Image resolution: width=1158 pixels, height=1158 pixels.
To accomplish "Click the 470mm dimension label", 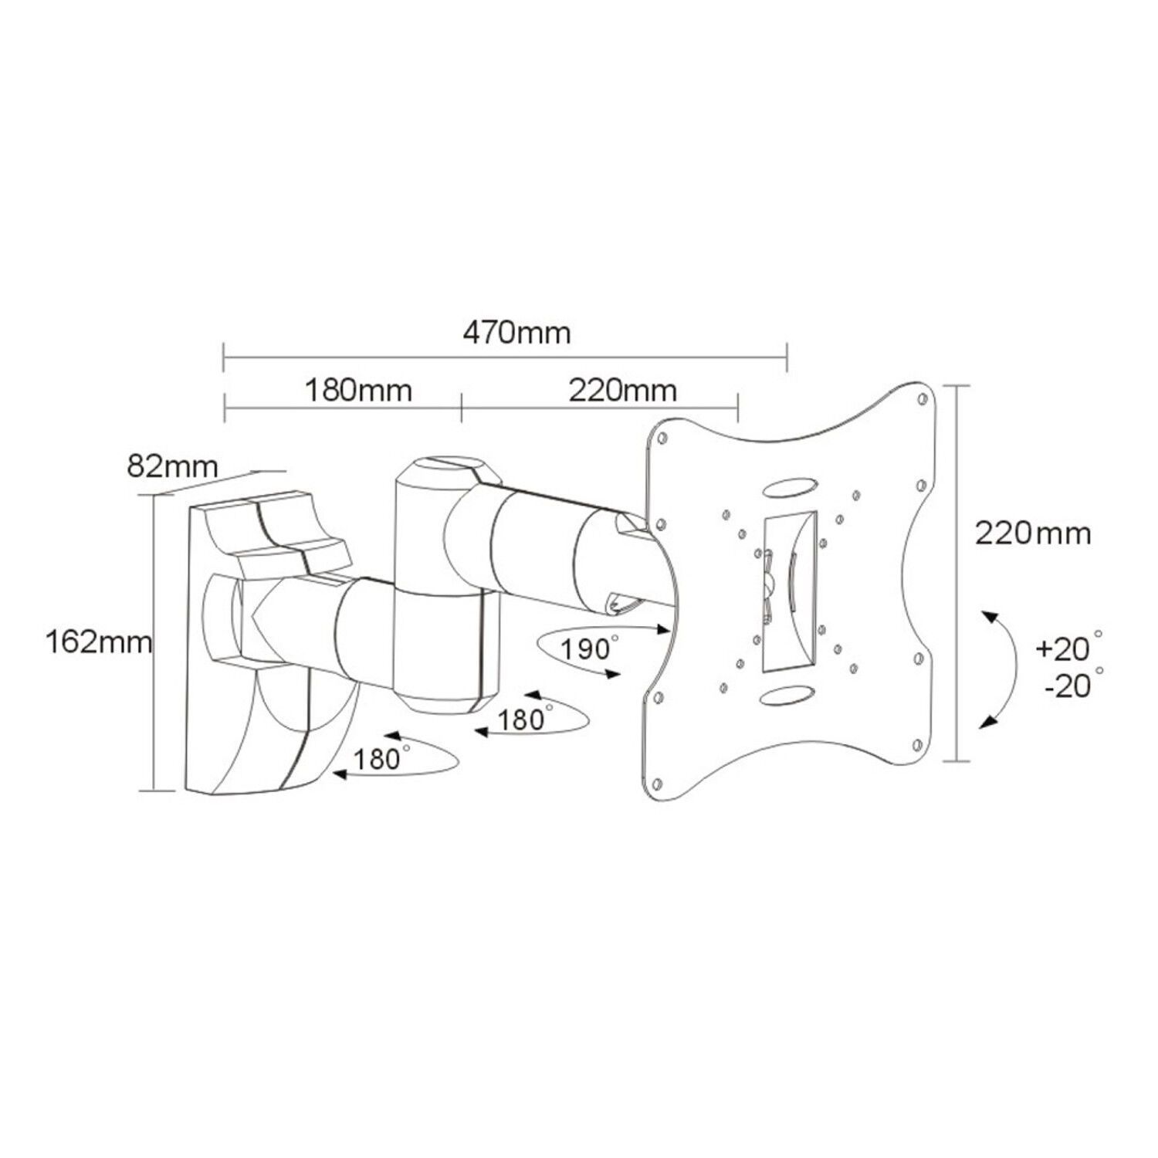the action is click(517, 333).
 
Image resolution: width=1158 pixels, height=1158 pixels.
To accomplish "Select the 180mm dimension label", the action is click(358, 390).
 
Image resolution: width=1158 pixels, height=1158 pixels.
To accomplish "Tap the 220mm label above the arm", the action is click(622, 390).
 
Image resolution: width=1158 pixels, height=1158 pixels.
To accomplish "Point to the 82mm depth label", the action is click(173, 467).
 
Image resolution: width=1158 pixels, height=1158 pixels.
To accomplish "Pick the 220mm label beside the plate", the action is click(1033, 533).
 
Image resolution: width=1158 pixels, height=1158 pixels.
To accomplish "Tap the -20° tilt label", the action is click(1073, 684).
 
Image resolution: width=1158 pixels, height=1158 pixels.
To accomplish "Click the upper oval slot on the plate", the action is click(789, 489).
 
